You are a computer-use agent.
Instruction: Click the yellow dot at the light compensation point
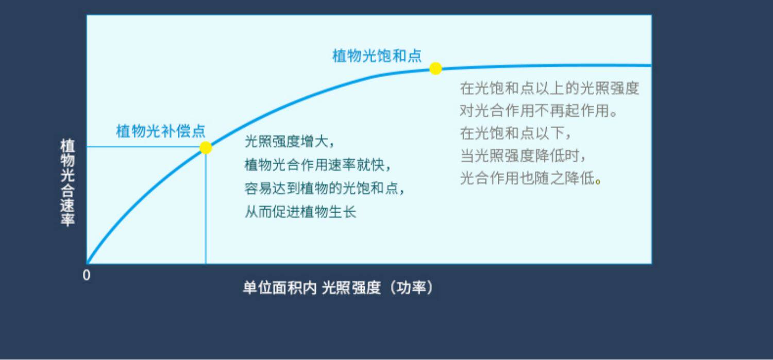206,148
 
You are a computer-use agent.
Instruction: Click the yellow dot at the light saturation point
435,68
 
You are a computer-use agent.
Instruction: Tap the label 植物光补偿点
160,131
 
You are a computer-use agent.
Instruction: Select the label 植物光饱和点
377,56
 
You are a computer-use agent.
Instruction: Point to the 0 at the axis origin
87,275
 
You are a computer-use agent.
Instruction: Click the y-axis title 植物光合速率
68,182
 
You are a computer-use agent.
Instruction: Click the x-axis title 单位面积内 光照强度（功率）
338,287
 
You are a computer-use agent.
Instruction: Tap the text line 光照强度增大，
289,142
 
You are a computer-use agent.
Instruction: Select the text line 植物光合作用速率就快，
317,165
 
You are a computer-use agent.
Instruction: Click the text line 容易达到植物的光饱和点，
324,188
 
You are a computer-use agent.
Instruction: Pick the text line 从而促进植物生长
300,212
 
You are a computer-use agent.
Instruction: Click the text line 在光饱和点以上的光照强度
549,88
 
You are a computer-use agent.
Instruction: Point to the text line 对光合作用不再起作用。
539,111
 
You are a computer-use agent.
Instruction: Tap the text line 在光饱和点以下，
515,133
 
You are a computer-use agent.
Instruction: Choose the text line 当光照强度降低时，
523,156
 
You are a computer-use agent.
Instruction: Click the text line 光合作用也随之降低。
530,178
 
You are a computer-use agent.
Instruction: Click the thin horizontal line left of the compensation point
143,147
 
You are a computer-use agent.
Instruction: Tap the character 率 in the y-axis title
68,219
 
